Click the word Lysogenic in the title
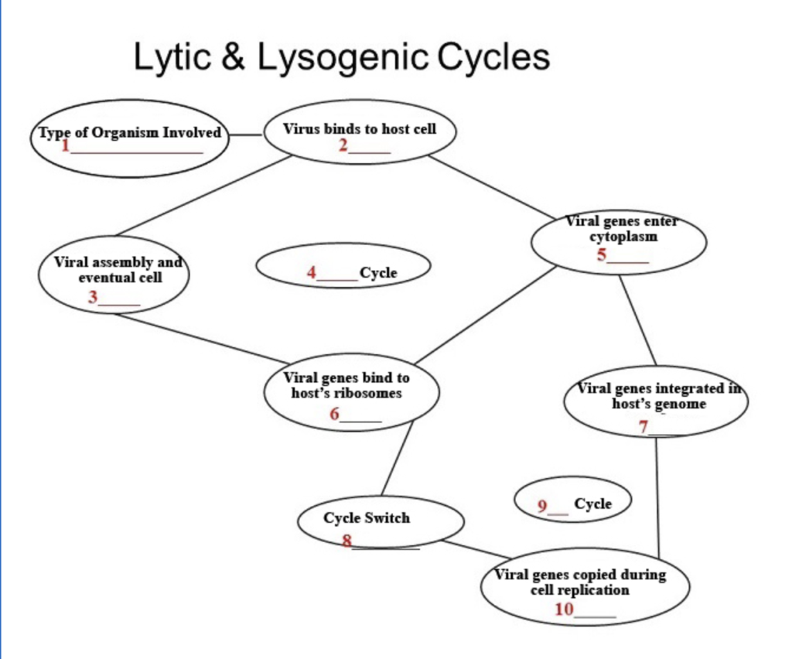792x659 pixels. pyautogui.click(x=343, y=58)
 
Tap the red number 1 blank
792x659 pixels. pyautogui.click(x=66, y=145)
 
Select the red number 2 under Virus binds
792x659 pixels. pyautogui.click(x=343, y=145)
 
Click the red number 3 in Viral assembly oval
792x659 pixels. pyautogui.click(x=93, y=297)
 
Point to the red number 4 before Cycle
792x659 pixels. pyautogui.click(x=312, y=272)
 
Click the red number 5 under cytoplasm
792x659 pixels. pyautogui.click(x=602, y=255)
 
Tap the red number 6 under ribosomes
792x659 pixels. pyautogui.click(x=335, y=414)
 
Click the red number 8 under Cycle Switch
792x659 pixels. pyautogui.click(x=347, y=541)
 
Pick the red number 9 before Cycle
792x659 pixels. pyautogui.click(x=543, y=506)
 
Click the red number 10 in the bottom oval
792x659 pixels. pyautogui.click(x=564, y=609)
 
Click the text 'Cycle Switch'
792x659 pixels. pyautogui.click(x=367, y=518)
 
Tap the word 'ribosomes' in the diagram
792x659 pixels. pyautogui.click(x=367, y=393)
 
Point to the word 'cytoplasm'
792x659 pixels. pyautogui.click(x=623, y=237)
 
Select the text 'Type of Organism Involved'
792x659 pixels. pyautogui.click(x=130, y=132)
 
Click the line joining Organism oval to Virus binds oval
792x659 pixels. pyautogui.click(x=246, y=135)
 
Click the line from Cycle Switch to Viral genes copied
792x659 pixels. pyautogui.click(x=476, y=549)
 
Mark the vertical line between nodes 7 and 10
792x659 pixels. pyautogui.click(x=657, y=495)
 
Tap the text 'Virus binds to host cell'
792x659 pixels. pyautogui.click(x=360, y=128)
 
